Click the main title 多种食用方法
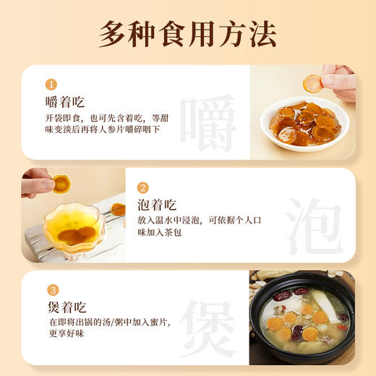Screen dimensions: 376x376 point(187,33)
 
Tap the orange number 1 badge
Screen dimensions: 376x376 point(51,83)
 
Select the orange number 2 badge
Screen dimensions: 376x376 point(142,187)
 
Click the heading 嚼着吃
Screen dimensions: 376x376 point(64,101)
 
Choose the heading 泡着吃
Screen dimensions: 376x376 point(156,205)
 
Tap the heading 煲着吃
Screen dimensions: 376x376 point(64,307)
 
